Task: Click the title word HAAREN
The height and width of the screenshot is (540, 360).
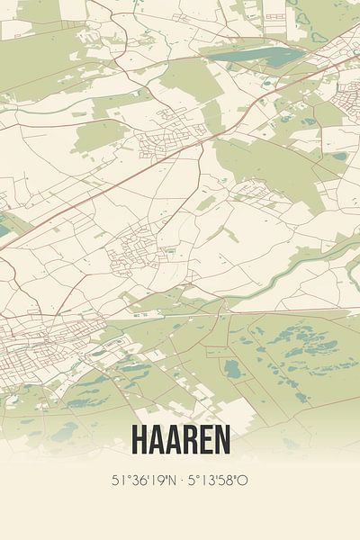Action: [x=180, y=438]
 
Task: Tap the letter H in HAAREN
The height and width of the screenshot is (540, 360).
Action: [x=140, y=438]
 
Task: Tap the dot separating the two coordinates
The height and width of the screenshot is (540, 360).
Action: [x=180, y=481]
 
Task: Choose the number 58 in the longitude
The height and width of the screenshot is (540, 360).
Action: [x=229, y=481]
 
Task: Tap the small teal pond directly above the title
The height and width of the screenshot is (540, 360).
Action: [x=232, y=368]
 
